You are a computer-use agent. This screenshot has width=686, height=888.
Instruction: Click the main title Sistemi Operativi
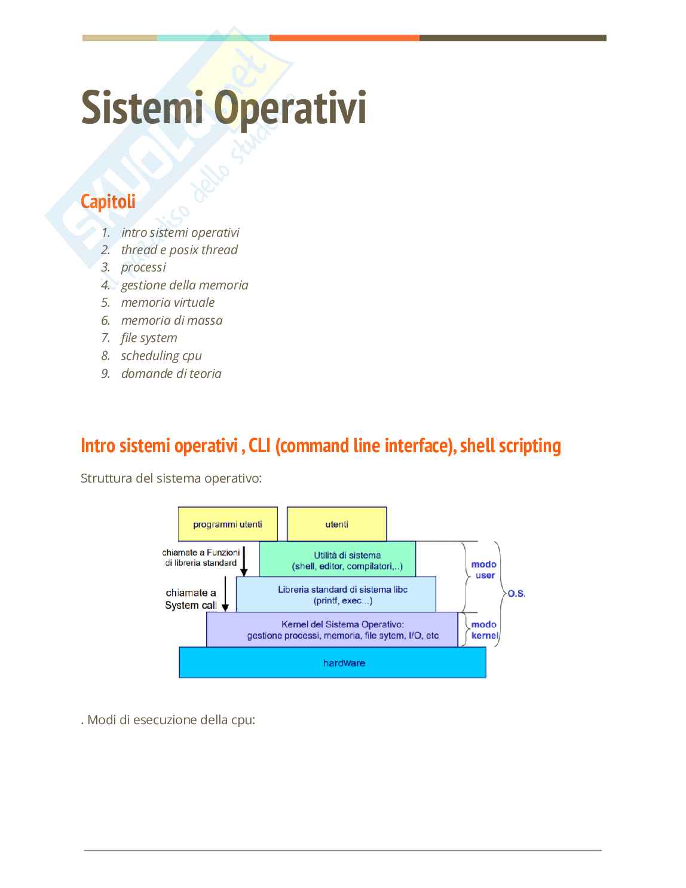[x=223, y=108]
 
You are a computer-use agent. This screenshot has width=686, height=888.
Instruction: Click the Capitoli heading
[x=108, y=202]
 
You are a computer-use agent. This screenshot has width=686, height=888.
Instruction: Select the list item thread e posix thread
[x=179, y=250]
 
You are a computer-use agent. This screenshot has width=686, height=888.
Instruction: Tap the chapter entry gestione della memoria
[x=184, y=285]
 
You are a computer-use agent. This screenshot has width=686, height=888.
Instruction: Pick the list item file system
[x=149, y=338]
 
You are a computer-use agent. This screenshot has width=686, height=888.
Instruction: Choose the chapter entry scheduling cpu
[x=161, y=356]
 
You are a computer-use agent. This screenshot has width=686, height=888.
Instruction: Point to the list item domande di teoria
[x=171, y=374]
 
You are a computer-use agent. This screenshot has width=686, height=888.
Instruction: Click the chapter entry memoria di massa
[x=171, y=321]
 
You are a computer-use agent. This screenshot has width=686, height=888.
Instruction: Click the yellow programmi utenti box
[x=228, y=524]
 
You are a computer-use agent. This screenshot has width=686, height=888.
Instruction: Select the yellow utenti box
[x=336, y=524]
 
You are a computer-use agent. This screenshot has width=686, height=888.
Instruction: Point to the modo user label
[x=484, y=570]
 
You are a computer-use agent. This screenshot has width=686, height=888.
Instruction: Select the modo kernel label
[x=484, y=630]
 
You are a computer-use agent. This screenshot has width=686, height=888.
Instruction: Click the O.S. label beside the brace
[x=516, y=594]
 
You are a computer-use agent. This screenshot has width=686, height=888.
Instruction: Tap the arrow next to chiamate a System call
[x=225, y=593]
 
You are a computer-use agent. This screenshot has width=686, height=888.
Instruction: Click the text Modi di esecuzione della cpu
[x=169, y=720]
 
